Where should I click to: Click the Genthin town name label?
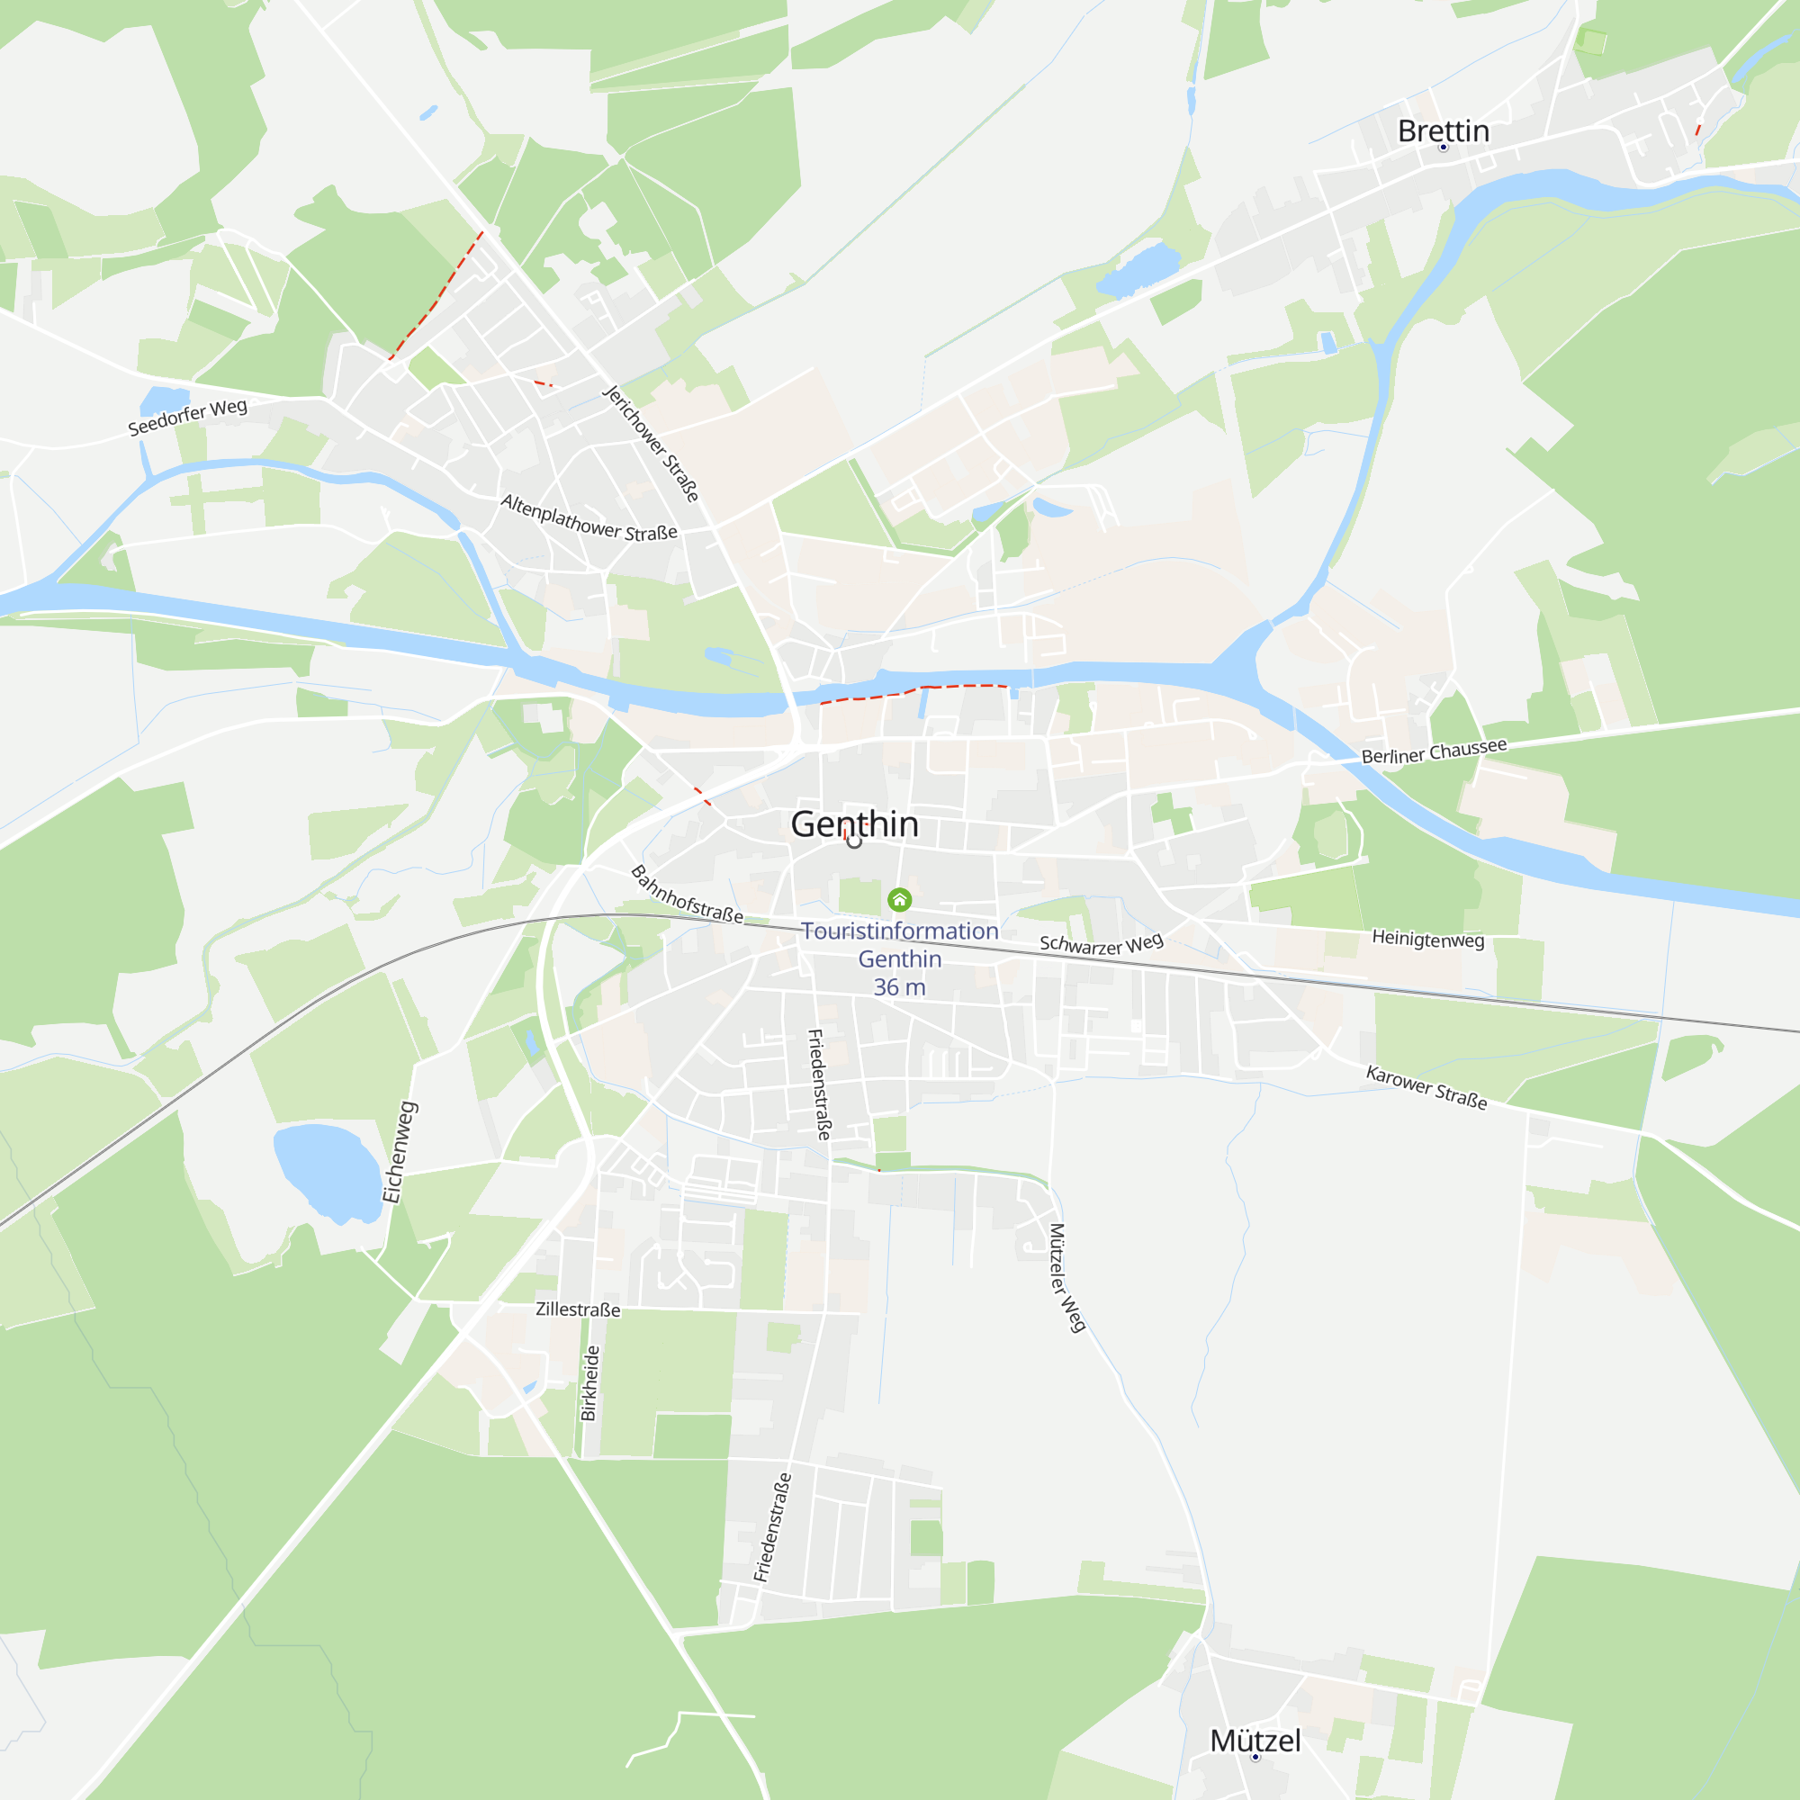[x=854, y=823]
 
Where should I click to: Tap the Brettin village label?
[x=1444, y=130]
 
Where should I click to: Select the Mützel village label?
[x=1255, y=1741]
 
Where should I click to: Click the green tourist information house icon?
[x=899, y=899]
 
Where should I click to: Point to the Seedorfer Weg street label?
[x=187, y=417]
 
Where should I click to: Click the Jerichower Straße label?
[x=651, y=443]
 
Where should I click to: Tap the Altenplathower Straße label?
[x=589, y=518]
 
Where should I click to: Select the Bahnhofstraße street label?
[x=687, y=895]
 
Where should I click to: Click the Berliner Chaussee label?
[x=1434, y=751]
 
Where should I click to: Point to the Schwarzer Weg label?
[x=1102, y=944]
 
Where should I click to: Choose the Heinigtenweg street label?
[x=1427, y=939]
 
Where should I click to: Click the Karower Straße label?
[x=1426, y=1087]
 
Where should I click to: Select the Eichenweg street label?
[x=400, y=1152]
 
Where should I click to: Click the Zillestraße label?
[x=578, y=1309]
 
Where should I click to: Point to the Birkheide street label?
[x=589, y=1382]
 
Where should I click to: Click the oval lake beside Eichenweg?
[x=325, y=1170]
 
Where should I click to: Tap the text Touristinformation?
[x=899, y=931]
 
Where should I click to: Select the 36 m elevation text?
[x=899, y=986]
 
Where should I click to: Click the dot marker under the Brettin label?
[x=1444, y=148]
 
